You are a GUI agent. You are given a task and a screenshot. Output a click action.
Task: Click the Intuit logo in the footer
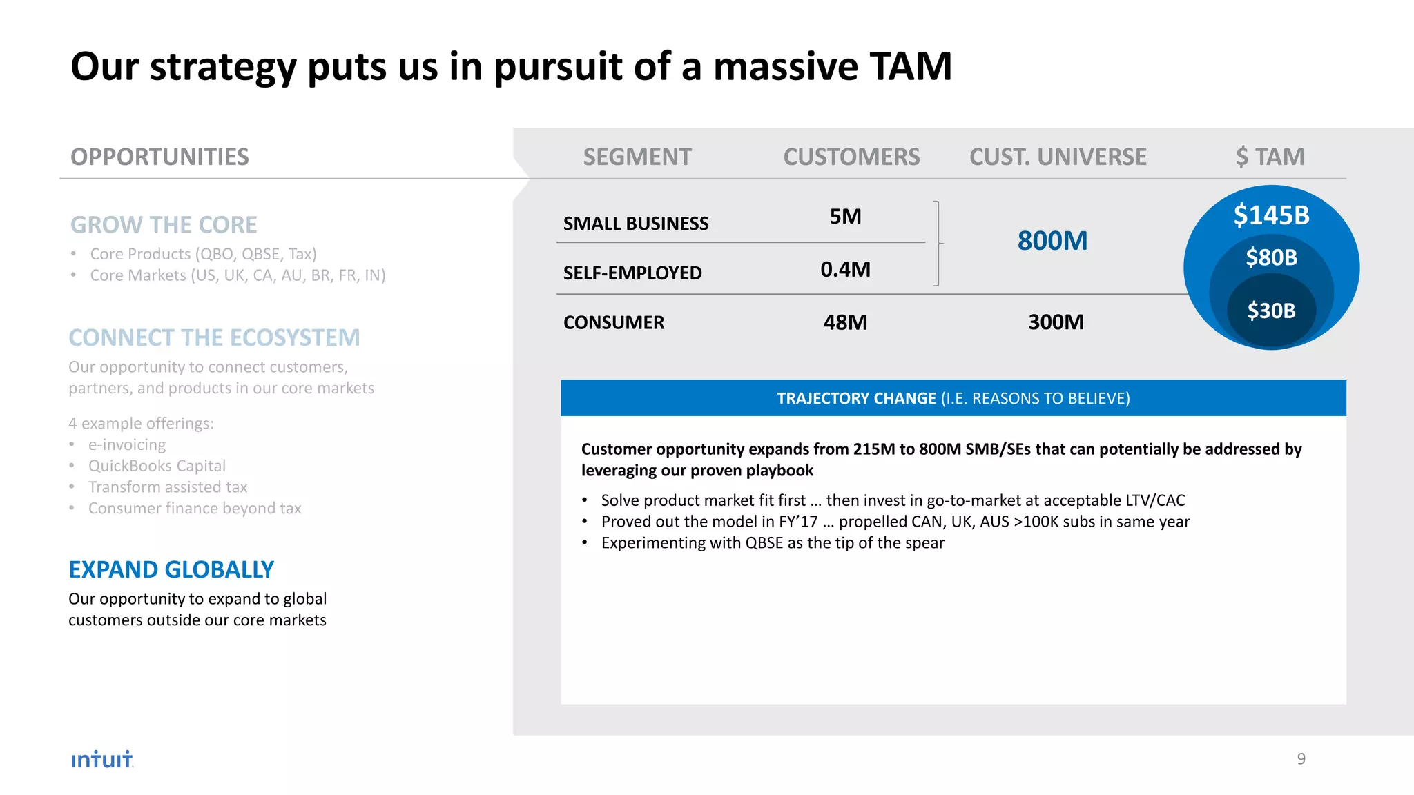coord(101,760)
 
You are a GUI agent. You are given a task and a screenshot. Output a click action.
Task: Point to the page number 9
coord(1301,759)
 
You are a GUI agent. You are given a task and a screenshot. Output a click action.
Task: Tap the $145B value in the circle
coord(1271,215)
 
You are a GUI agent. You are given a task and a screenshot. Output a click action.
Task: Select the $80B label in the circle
coord(1271,257)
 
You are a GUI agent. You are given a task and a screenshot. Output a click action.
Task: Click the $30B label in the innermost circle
coord(1271,311)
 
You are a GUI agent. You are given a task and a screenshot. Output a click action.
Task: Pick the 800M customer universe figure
coord(1052,241)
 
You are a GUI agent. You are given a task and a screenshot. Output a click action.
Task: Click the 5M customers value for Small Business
coord(845,217)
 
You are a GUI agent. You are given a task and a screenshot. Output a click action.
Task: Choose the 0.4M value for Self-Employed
coord(845,269)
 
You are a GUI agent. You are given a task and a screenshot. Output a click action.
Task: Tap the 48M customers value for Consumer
coord(845,322)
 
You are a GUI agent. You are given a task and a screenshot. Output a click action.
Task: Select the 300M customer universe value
coord(1056,322)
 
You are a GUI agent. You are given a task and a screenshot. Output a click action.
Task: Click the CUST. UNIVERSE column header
coord(1058,157)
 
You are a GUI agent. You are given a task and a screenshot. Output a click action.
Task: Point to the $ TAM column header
coord(1270,157)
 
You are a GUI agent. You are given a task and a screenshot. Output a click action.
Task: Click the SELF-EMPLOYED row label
coord(632,273)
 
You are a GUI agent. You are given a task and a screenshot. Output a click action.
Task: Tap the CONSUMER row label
coord(614,323)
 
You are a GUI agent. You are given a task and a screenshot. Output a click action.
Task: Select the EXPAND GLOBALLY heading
coord(171,570)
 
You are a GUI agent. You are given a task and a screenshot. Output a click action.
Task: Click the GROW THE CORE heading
coord(164,225)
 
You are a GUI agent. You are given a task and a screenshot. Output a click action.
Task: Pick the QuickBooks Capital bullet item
coord(157,466)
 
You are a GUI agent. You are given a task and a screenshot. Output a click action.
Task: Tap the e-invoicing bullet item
coord(127,445)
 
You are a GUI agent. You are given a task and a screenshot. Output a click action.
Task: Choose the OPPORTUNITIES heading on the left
coord(159,157)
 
